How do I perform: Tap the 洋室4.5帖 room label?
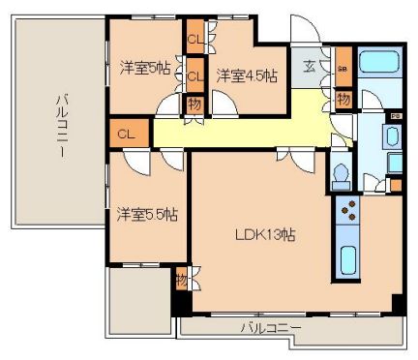click(x=247, y=75)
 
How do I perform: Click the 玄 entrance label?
click(x=308, y=66)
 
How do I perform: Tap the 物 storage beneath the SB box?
click(x=343, y=98)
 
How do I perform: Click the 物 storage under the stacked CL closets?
click(x=194, y=102)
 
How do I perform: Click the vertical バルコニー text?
click(x=59, y=127)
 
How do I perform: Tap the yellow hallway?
click(x=242, y=127)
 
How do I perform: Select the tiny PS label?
click(x=395, y=117)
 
